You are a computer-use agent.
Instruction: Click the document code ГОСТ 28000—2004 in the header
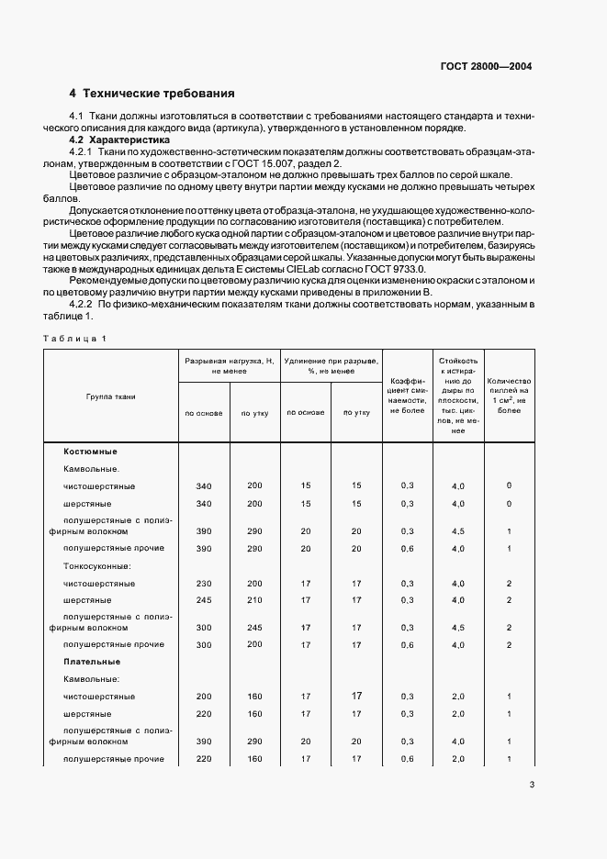[x=486, y=66]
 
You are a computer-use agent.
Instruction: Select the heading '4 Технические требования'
[x=152, y=94]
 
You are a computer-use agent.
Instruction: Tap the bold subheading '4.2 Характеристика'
[x=119, y=140]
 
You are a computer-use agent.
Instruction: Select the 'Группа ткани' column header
[x=111, y=396]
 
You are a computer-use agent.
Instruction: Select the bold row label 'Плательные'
[x=90, y=661]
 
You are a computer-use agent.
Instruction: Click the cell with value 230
[x=204, y=584]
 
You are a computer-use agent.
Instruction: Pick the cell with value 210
[x=254, y=600]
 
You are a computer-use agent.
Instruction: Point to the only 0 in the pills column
[x=509, y=485]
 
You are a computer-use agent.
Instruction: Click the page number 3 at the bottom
[x=532, y=784]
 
